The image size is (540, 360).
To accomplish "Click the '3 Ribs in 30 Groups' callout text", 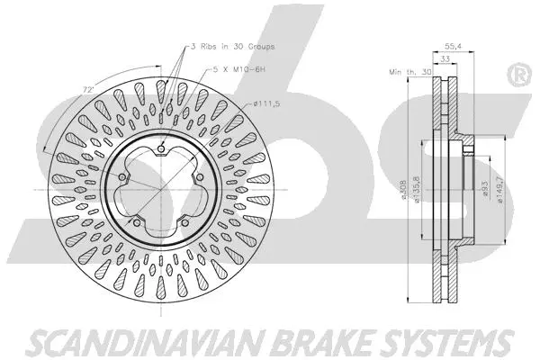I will tap(232, 44).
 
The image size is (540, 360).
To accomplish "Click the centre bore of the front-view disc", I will tap(155, 191).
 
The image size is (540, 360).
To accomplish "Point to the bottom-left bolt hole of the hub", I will tap(135, 226).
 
